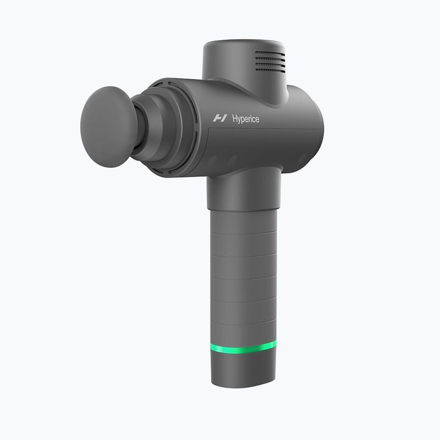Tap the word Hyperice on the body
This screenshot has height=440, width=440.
click(245, 118)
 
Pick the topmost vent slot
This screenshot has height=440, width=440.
click(269, 54)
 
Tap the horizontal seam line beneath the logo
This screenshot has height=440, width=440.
click(264, 131)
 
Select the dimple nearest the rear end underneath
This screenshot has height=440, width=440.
click(300, 160)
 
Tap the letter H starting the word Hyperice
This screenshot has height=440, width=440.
click(235, 118)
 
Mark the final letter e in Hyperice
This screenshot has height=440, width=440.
click(257, 119)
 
